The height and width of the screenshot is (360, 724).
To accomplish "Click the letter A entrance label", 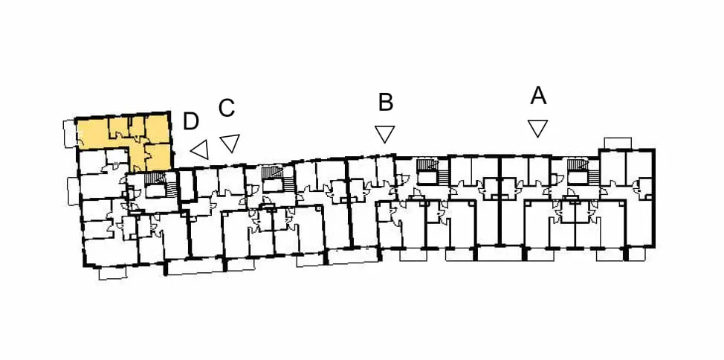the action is click(x=538, y=96).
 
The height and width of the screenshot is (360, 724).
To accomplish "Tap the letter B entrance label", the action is click(x=386, y=103).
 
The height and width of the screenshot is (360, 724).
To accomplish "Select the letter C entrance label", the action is click(x=227, y=108).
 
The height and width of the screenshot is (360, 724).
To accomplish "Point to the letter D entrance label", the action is click(x=191, y=121).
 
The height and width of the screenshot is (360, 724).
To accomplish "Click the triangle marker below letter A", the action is click(x=538, y=128).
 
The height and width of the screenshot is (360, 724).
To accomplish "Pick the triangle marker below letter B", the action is click(x=384, y=134).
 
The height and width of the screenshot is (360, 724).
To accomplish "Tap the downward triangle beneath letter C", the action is click(x=230, y=142).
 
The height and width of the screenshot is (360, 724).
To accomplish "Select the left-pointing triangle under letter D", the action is click(x=201, y=150).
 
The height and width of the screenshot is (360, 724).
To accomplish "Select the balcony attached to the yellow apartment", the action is click(x=69, y=134).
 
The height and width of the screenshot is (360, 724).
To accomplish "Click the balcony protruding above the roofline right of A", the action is click(x=618, y=143).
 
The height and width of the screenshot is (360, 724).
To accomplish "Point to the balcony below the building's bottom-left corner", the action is click(x=113, y=273).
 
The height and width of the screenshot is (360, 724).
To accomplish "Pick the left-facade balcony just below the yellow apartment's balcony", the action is click(x=74, y=191).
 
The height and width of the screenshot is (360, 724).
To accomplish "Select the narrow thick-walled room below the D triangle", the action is click(x=187, y=185).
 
